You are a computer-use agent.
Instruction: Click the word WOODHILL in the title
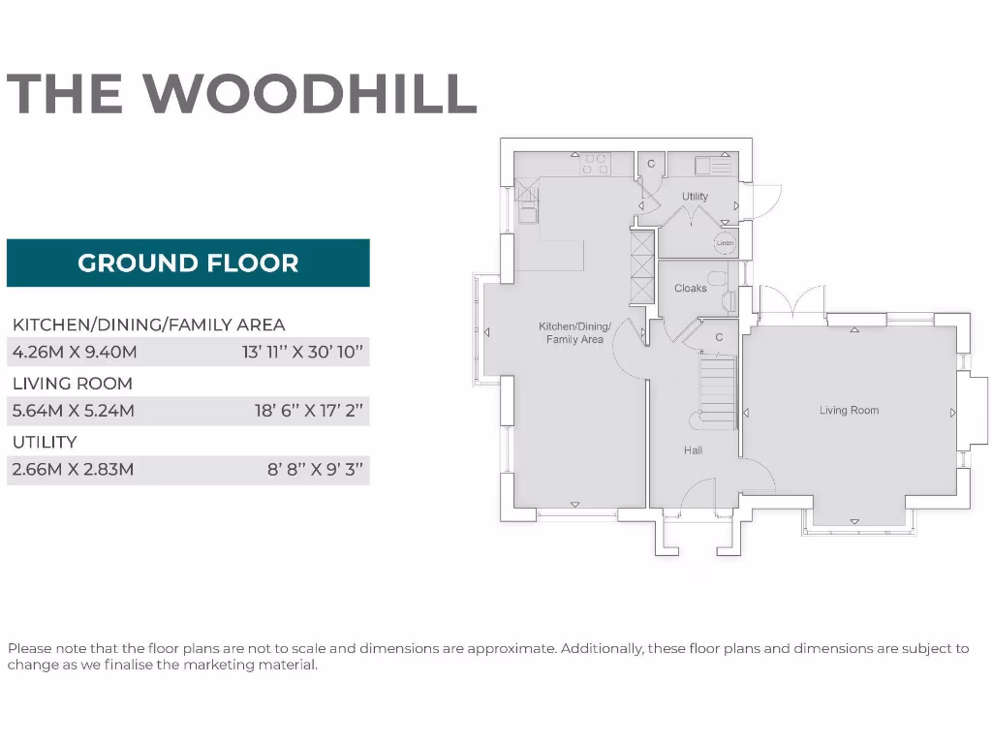(x=310, y=93)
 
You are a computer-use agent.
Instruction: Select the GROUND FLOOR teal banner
(x=188, y=263)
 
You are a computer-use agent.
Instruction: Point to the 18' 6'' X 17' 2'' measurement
(x=308, y=411)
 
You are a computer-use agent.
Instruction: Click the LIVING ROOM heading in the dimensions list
(x=72, y=384)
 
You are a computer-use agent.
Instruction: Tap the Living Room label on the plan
(x=849, y=411)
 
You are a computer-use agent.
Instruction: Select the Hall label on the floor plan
(x=693, y=450)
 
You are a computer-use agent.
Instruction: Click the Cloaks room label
(x=690, y=289)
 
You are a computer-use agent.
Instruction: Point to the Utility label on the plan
(x=695, y=197)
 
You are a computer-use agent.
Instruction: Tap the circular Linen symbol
(x=724, y=242)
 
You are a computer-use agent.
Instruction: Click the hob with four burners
(x=595, y=164)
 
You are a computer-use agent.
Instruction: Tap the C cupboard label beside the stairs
(x=719, y=337)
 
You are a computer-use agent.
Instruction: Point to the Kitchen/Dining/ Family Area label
(x=574, y=333)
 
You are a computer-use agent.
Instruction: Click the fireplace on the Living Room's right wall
(x=972, y=412)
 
